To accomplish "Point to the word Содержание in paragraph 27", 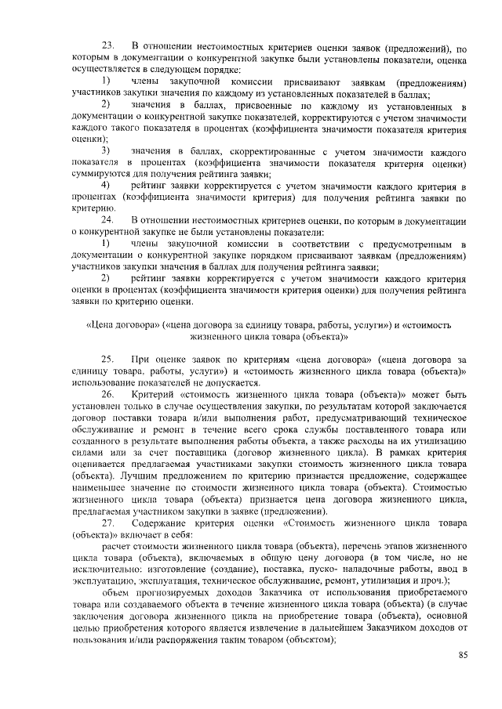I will [x=160, y=523].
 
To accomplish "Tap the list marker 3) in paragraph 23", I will [x=106, y=150].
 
